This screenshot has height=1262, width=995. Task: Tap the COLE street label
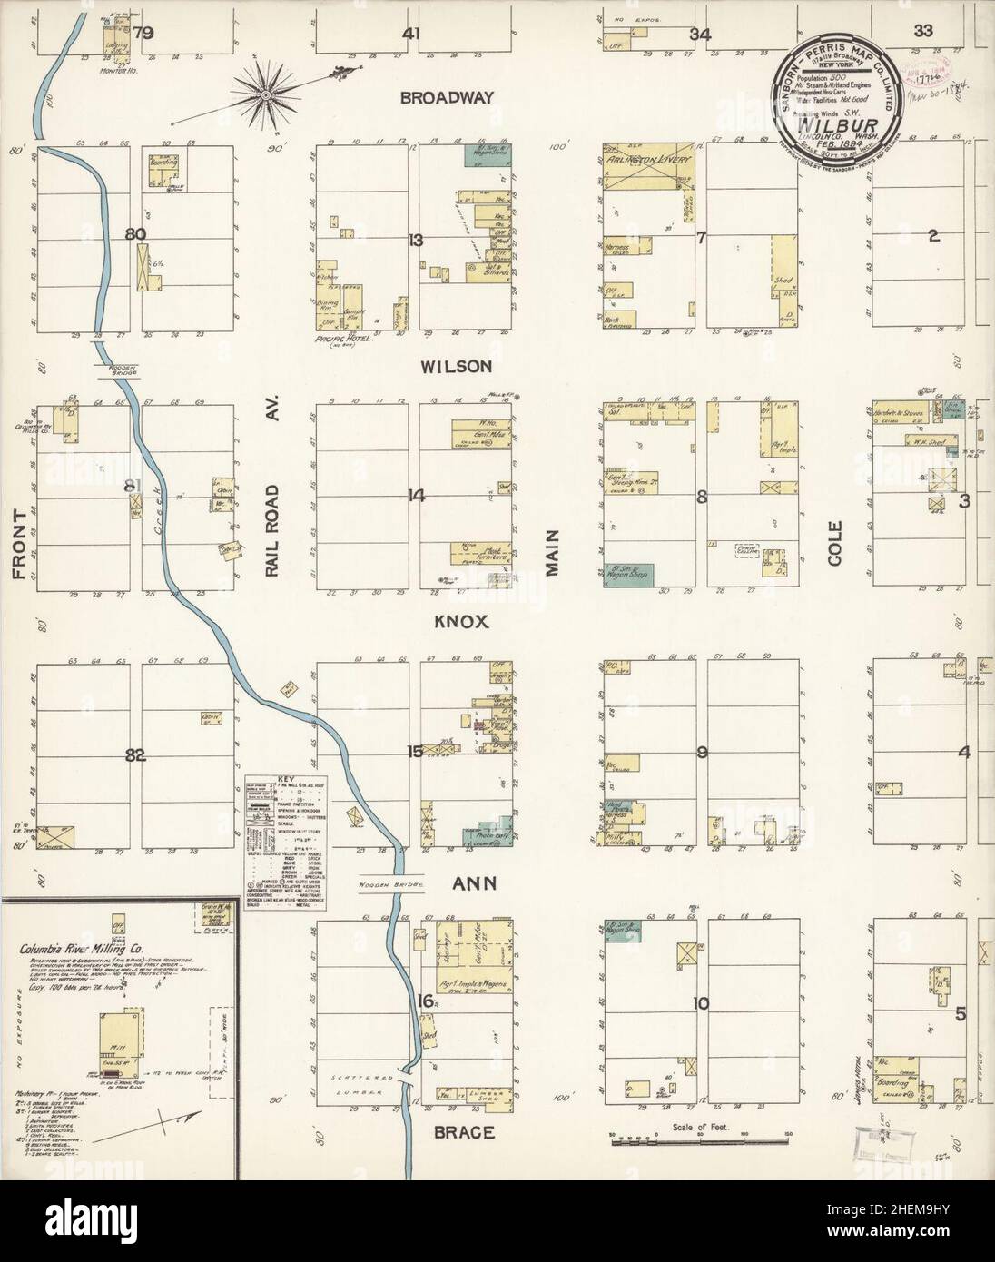click(x=835, y=543)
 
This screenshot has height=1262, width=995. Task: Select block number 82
click(x=135, y=754)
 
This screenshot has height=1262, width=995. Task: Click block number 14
click(x=416, y=496)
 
